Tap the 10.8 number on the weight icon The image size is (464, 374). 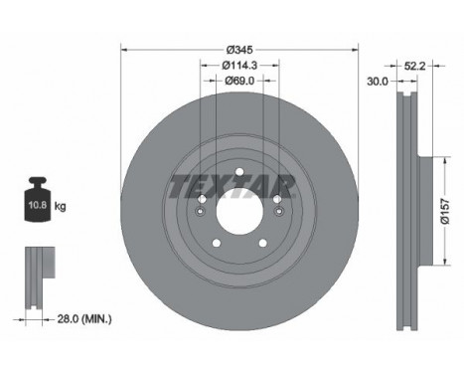point(35,208)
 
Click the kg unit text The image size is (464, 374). point(61,207)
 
